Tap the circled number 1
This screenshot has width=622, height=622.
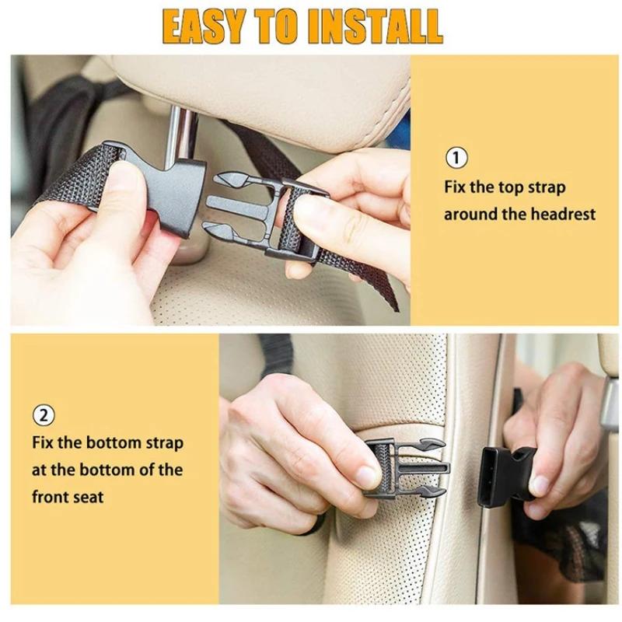pos(456,159)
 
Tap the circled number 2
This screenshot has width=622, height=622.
pos(44,414)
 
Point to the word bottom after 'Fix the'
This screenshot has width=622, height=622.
pos(116,443)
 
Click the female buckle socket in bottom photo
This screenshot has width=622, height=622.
pos(504,476)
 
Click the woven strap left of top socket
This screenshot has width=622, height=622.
pos(74,175)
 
